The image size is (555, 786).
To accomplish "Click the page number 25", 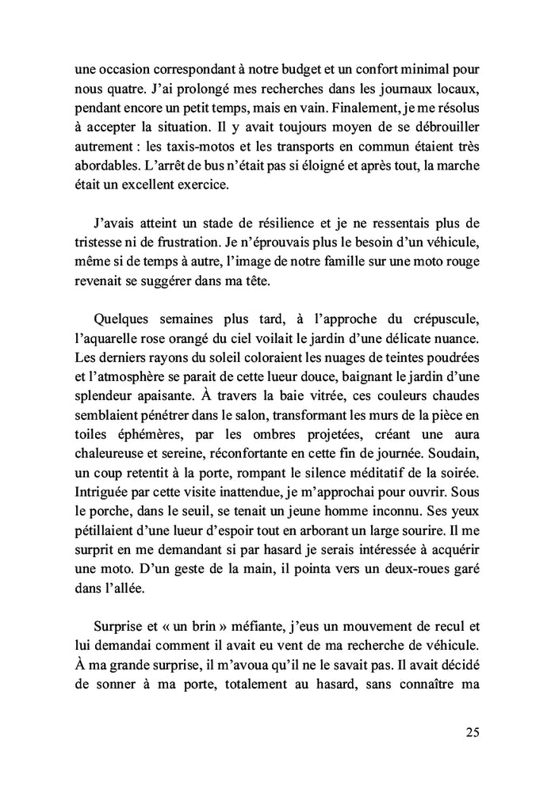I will coord(470,733).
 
